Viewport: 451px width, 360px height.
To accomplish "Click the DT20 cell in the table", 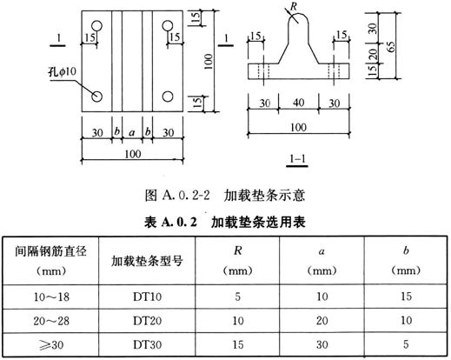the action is tap(147, 321).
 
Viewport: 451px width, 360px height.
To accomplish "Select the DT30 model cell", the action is tap(147, 344).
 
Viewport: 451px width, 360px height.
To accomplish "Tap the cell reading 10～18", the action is tap(51, 297).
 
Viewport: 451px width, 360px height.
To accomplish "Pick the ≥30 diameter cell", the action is tap(51, 344).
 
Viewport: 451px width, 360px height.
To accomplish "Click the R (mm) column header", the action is tap(237, 260).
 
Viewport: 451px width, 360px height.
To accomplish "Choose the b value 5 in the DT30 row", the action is tap(406, 344).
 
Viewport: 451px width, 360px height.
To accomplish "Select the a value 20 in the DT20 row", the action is tap(322, 321).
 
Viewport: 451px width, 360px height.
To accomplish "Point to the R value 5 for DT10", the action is tap(237, 297).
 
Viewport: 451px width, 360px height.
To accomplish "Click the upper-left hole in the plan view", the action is tap(97, 26).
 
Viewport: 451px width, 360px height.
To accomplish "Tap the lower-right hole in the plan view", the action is tap(168, 97).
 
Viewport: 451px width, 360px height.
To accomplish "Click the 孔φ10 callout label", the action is tap(62, 71).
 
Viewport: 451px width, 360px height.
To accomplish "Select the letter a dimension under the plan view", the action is tap(132, 133).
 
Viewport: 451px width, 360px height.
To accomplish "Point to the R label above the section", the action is tap(294, 6).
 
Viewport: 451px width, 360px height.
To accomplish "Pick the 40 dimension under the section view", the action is tap(298, 103).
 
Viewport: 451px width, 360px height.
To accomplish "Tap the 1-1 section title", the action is tap(297, 159).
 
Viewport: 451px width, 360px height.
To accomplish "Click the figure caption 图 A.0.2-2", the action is tap(177, 195).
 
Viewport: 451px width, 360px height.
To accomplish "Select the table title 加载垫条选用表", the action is tap(258, 223).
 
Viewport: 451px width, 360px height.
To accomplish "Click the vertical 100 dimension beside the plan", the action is tap(209, 61).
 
